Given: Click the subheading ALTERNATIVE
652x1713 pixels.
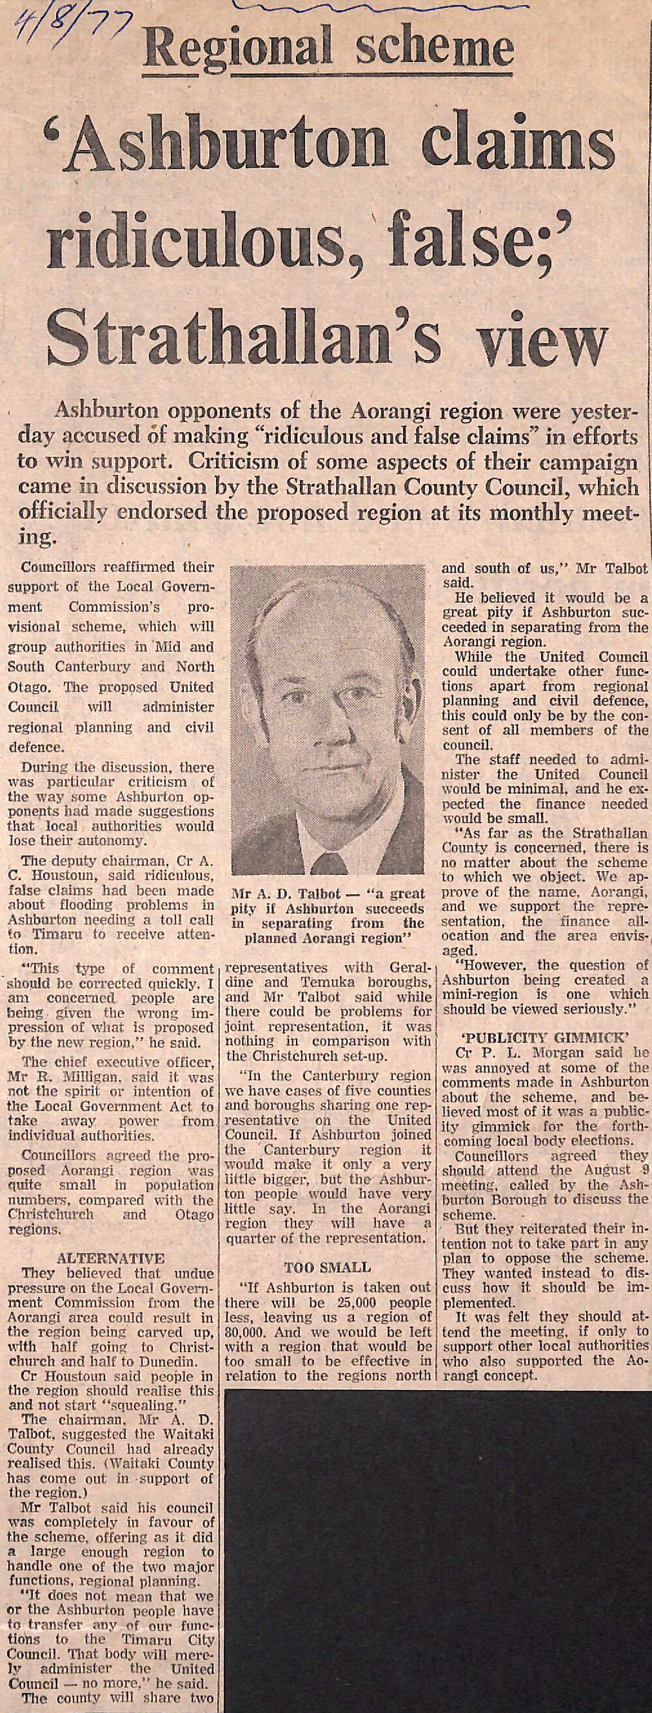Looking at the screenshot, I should (111, 1259).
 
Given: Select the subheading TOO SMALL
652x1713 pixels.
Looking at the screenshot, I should (328, 1267).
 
